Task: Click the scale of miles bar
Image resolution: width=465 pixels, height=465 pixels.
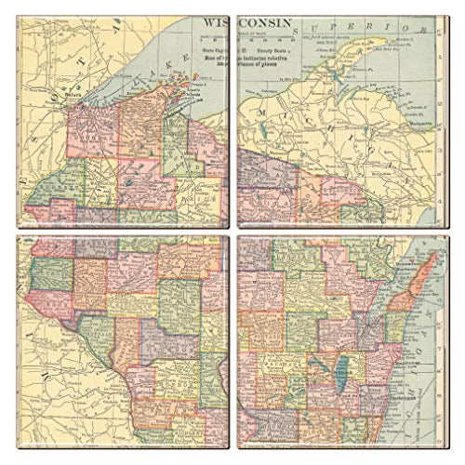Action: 270,39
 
